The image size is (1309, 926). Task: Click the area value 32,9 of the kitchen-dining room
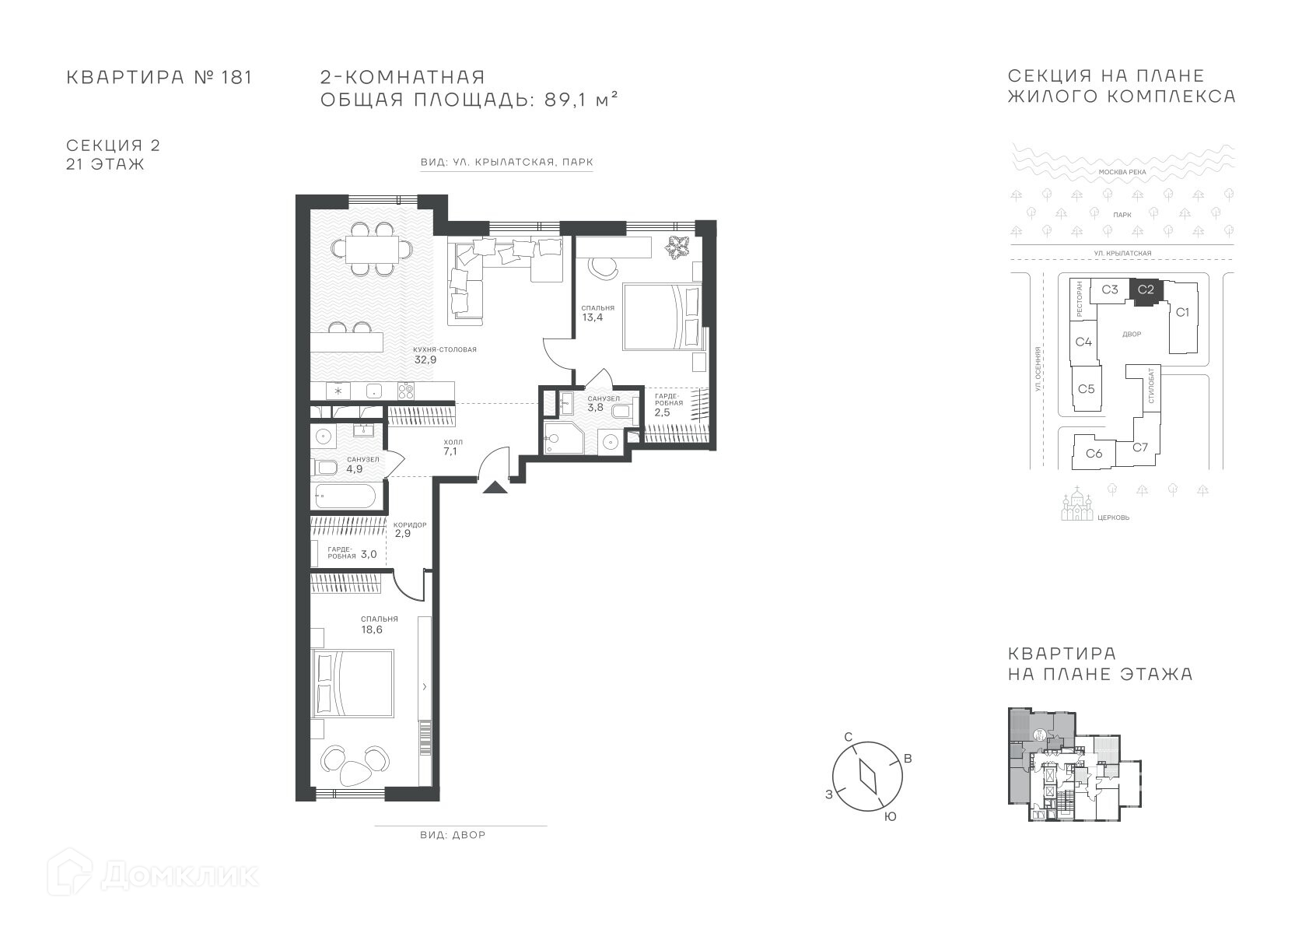click(x=425, y=360)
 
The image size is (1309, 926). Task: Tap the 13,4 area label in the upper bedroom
click(x=593, y=317)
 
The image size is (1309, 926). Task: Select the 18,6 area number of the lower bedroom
click(x=372, y=629)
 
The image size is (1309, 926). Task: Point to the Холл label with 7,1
click(x=450, y=447)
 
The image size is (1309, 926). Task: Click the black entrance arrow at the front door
click(x=495, y=488)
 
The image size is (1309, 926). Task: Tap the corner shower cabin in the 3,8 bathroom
click(x=563, y=438)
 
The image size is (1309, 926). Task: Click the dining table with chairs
click(x=372, y=249)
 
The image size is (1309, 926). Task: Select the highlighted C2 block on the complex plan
click(x=1146, y=290)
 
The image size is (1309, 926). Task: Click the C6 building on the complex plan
click(x=1094, y=453)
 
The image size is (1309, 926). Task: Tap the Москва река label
click(x=1122, y=172)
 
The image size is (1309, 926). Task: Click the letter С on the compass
click(x=848, y=737)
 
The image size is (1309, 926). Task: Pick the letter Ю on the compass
click(x=890, y=817)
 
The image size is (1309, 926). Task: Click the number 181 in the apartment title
click(x=236, y=77)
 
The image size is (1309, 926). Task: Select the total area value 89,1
click(x=565, y=100)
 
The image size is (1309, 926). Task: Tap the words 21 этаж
click(x=105, y=164)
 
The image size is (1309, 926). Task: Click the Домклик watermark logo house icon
click(x=69, y=873)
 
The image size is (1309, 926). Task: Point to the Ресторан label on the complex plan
click(x=1080, y=299)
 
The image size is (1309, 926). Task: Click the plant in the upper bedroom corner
click(x=677, y=246)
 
